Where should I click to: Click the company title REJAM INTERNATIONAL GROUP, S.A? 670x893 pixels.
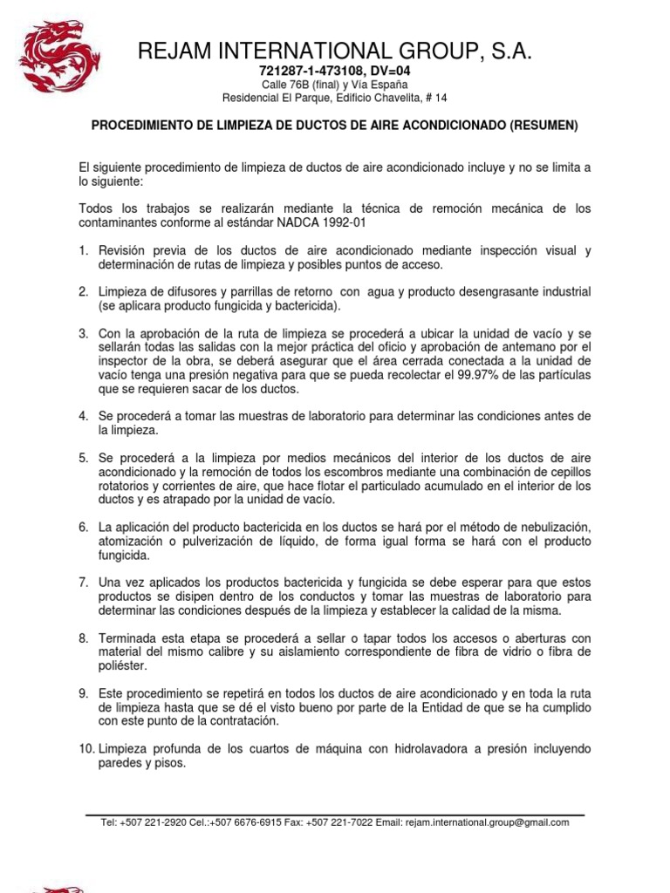click(x=334, y=51)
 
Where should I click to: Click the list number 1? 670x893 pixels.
click(x=83, y=251)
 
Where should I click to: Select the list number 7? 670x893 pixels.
click(x=83, y=582)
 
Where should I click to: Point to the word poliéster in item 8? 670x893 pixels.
click(x=122, y=665)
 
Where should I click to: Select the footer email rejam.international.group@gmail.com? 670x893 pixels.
click(x=487, y=822)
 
